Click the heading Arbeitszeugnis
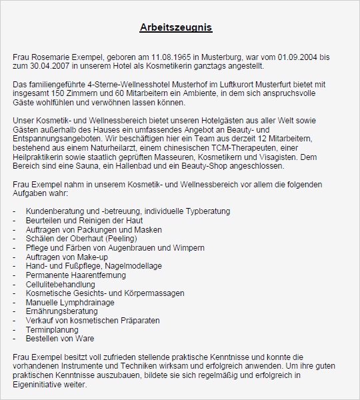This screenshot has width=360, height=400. coord(176,28)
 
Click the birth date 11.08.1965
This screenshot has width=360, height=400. coord(153,58)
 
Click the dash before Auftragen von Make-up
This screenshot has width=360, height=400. coord(15,257)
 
